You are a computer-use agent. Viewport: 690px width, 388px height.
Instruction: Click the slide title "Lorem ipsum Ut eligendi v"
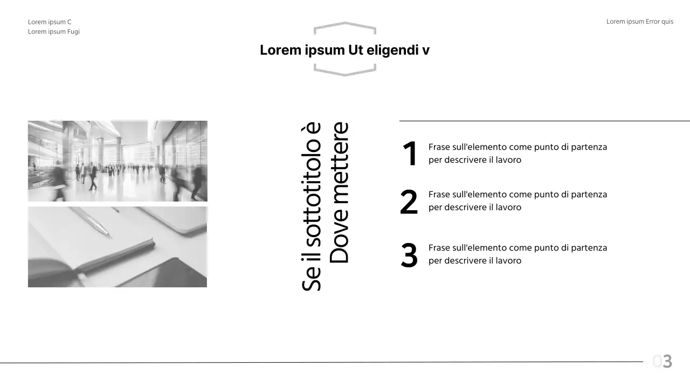tap(344, 50)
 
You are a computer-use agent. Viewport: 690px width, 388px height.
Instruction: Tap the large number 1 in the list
tap(410, 154)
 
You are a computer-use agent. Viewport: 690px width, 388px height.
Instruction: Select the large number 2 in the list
tap(409, 202)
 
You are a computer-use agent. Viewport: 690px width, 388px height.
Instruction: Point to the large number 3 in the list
tap(409, 255)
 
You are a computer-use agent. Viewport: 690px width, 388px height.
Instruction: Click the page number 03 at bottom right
tap(663, 362)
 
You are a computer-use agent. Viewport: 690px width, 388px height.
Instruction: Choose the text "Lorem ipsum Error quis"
tap(639, 22)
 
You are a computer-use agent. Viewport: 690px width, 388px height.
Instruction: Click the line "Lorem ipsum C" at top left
tap(50, 22)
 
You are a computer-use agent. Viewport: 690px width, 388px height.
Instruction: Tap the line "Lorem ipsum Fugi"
tap(54, 32)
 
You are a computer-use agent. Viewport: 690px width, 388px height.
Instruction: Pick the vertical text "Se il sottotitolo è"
tap(312, 207)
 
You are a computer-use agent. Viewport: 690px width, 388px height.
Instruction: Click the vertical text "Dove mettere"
tap(340, 193)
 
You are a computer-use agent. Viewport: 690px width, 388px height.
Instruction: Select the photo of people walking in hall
tap(118, 161)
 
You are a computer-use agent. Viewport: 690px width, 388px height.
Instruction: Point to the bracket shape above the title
tap(344, 27)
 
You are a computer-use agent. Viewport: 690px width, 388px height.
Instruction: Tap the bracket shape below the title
tap(344, 70)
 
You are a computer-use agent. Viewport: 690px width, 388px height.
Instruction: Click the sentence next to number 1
tap(517, 154)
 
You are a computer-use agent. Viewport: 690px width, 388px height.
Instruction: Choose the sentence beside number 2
tap(517, 200)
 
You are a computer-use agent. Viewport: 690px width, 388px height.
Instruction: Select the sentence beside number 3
tap(517, 254)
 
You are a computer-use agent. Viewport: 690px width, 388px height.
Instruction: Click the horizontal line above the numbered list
tap(544, 121)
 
